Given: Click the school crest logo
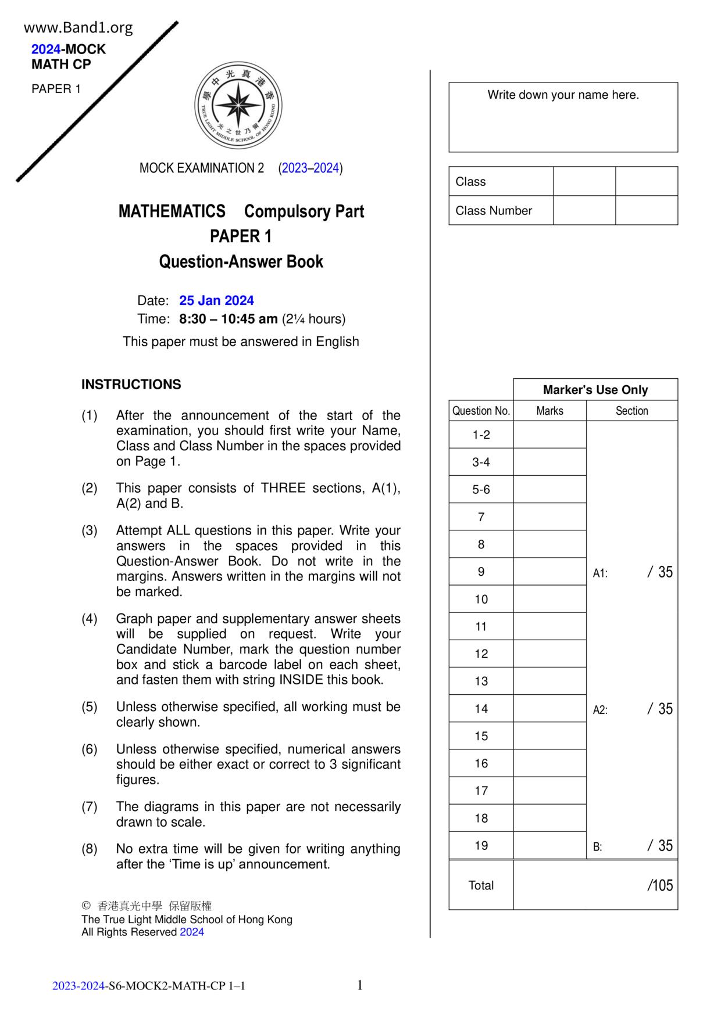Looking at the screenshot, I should tap(238, 106).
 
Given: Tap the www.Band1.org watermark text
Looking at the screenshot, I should tap(78, 27).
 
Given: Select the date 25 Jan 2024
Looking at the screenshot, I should tap(216, 300).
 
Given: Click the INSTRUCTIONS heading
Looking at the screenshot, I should tap(131, 385).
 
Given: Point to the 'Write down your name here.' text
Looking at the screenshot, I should tap(563, 95).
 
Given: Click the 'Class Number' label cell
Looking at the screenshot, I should tap(494, 210).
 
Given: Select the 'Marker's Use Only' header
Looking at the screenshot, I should tap(595, 390).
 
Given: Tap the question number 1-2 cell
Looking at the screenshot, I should tap(481, 435).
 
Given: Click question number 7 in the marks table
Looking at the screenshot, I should tap(481, 517).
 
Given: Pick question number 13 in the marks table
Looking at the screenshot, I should tap(481, 681).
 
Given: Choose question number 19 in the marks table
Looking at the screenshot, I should tap(481, 845).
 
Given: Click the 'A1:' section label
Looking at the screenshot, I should tap(600, 573).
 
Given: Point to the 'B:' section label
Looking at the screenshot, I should tap(598, 847).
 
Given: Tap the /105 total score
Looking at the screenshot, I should tap(660, 885).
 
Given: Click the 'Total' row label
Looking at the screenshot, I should tap(481, 885).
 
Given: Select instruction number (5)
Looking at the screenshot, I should tap(90, 707).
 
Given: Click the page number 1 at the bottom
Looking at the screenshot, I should tap(360, 985).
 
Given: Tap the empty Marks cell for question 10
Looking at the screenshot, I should tap(549, 599).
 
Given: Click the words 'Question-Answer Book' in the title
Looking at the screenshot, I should tap(241, 261).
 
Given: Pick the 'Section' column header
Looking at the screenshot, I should tap(631, 411).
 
